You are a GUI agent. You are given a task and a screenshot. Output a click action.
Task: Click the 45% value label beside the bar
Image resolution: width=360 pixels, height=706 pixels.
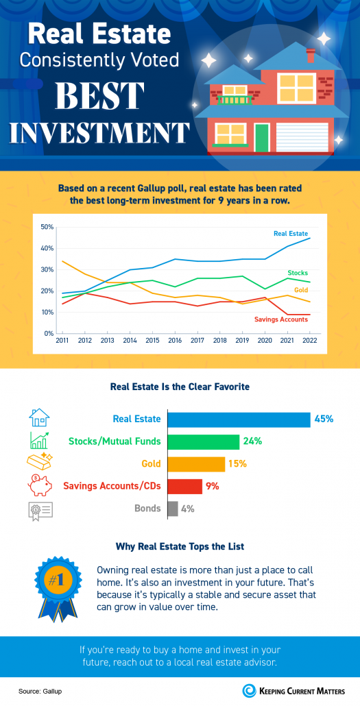coord(324,419)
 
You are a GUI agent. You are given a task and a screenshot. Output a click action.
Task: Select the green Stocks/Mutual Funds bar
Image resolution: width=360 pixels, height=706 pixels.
coord(204,441)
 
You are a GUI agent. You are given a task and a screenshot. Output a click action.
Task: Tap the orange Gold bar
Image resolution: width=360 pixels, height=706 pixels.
coord(196,464)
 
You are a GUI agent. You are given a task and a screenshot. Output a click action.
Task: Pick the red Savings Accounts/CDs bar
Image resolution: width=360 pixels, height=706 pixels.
coord(185,486)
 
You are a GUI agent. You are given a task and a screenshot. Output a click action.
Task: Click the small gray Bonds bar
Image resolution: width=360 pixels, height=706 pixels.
coord(173,509)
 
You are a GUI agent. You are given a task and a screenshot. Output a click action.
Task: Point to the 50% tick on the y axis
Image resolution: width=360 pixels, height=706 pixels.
coord(47,227)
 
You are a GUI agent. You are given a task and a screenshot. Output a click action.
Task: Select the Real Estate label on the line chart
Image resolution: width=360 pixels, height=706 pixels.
coord(291,234)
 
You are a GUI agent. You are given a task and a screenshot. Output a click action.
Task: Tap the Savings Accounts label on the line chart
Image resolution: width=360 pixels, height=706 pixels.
coord(281,319)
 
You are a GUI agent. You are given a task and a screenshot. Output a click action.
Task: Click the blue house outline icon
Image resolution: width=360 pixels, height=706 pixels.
coord(39,418)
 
